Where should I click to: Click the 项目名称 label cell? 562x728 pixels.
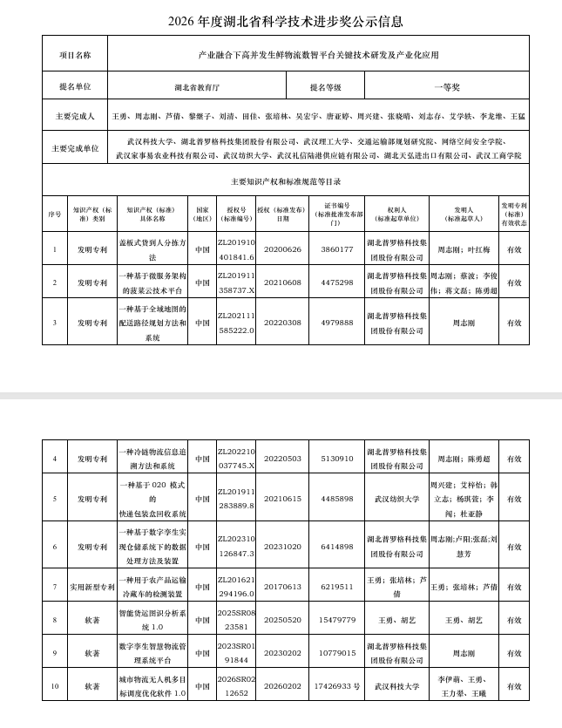point(74,54)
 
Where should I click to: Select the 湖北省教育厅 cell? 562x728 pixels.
point(198,87)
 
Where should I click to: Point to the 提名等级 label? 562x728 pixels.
point(325,87)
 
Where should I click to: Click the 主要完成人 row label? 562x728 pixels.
point(74,116)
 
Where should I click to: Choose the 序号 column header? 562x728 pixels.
point(54,215)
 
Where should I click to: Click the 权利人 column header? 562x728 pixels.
point(396,215)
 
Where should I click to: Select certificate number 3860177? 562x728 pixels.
point(337,249)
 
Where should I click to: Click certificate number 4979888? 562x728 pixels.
point(337,323)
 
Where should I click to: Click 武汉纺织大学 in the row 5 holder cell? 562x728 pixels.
point(396,499)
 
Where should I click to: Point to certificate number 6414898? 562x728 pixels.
point(337,546)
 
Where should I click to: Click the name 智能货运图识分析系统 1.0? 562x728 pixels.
point(152,620)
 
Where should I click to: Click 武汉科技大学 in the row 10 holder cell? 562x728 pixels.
point(396,686)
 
